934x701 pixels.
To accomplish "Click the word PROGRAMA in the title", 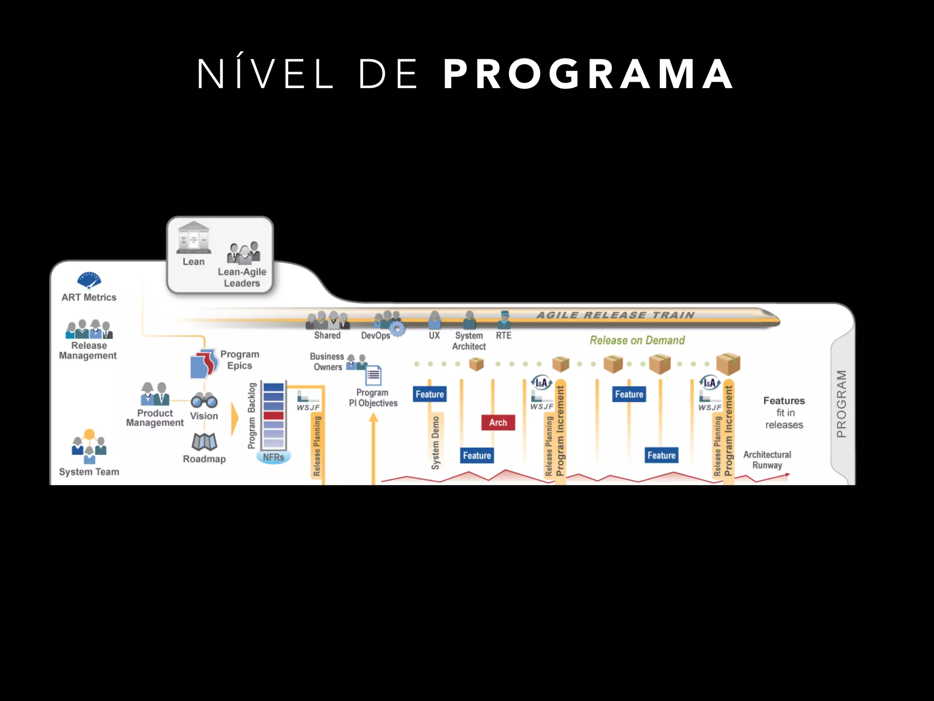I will (x=588, y=74).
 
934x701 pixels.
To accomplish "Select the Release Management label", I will (x=88, y=350).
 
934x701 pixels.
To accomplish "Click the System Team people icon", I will (x=89, y=446).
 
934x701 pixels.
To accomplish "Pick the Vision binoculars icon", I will (x=204, y=400).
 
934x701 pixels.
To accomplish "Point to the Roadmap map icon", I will (x=204, y=441).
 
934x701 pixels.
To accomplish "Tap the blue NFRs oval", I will (x=273, y=457).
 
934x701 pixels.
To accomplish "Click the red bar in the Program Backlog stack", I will (x=273, y=415).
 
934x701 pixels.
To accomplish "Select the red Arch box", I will (x=498, y=423).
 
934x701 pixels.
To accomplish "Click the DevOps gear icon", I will (x=397, y=329).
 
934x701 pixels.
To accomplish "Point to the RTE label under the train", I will (x=503, y=335).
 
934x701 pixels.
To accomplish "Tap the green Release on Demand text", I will (x=637, y=340).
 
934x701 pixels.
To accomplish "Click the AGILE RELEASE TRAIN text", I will (x=615, y=315).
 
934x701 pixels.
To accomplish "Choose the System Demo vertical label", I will (x=436, y=443).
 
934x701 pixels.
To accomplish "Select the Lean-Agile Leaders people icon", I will (x=244, y=253).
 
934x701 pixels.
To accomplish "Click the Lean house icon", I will (x=194, y=238).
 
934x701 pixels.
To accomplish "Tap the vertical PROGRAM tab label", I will (x=841, y=403).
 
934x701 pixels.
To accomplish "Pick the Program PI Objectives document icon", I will (x=374, y=376).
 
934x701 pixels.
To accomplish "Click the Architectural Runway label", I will (x=767, y=460).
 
